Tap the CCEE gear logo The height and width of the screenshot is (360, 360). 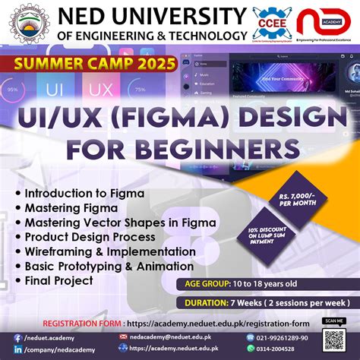tap(271, 22)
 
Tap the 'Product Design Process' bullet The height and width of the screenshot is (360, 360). tap(91, 236)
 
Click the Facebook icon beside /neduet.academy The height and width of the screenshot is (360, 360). tap(17, 336)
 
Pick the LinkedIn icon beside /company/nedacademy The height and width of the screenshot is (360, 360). tap(17, 350)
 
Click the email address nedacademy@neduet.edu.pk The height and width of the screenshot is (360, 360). tap(172, 336)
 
